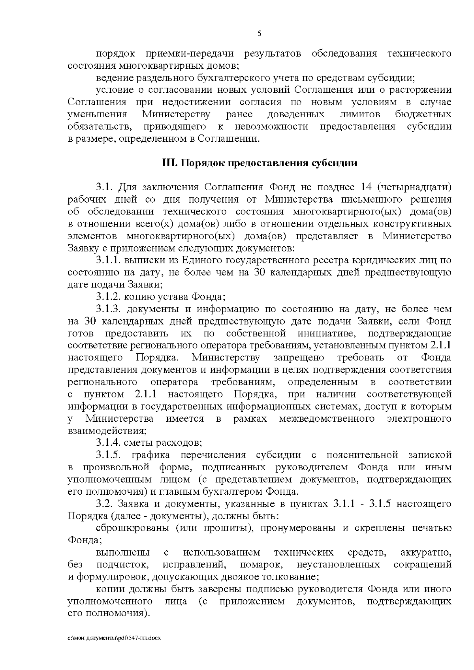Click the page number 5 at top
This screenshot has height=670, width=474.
(x=259, y=34)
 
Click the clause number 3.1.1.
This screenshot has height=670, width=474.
(x=109, y=261)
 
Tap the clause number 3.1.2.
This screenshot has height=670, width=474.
(x=109, y=297)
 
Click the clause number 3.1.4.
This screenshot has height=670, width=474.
(x=109, y=443)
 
